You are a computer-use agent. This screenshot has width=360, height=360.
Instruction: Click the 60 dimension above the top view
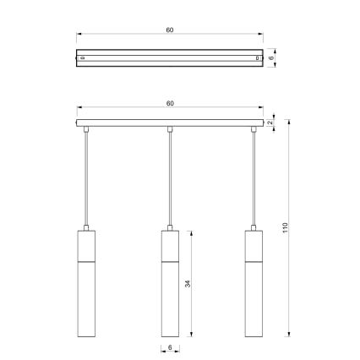[170, 30]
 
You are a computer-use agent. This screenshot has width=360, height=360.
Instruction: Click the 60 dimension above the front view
[170, 103]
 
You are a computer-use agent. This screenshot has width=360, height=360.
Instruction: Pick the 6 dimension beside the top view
[270, 57]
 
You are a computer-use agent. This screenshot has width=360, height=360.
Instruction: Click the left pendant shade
[87, 283]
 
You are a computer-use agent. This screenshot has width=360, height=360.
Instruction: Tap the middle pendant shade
[170, 283]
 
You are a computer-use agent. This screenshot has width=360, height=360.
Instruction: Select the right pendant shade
[253, 283]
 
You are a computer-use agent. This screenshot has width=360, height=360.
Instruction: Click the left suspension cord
[87, 177]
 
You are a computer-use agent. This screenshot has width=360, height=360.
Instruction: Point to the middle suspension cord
[170, 177]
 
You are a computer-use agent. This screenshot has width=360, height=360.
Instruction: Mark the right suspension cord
[253, 177]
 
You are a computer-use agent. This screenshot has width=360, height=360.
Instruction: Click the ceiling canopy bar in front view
[170, 124]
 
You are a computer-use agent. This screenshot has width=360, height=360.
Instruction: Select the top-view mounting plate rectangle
[170, 57]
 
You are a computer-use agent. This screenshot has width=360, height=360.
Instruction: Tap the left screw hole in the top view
[82, 57]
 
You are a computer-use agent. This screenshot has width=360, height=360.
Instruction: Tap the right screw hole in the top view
[258, 57]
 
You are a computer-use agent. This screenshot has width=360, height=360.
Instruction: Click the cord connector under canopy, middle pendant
[170, 129]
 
